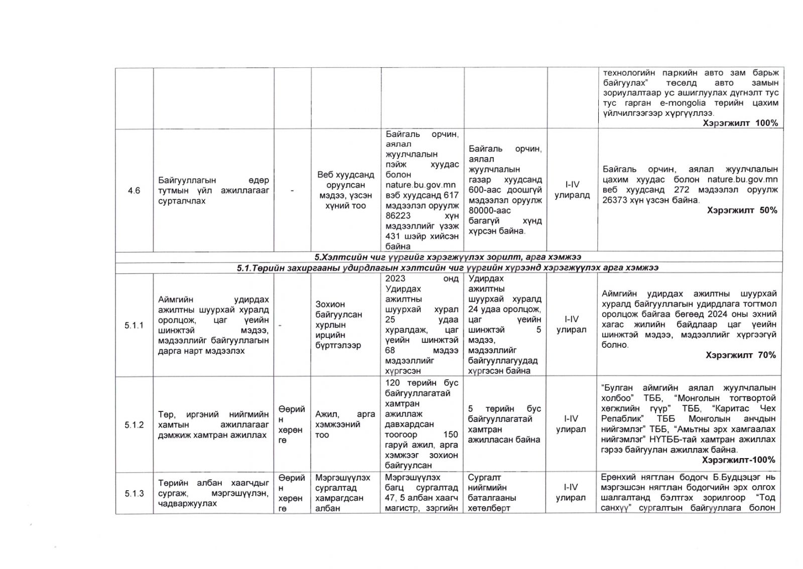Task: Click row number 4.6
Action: click(134, 191)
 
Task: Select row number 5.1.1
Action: click(134, 326)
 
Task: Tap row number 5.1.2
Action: click(134, 425)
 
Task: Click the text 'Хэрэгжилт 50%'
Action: click(742, 211)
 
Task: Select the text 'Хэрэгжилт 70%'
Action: click(740, 355)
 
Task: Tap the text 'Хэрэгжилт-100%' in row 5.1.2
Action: click(738, 460)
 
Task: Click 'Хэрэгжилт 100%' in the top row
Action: click(740, 123)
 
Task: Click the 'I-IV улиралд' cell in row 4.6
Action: click(572, 190)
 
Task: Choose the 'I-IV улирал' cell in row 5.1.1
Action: click(571, 325)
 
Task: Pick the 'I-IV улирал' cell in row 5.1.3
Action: click(571, 492)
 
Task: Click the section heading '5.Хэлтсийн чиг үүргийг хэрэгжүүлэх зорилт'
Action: click(448, 257)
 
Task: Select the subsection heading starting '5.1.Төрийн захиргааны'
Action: click(448, 268)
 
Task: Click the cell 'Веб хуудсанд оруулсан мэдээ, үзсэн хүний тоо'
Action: click(345, 190)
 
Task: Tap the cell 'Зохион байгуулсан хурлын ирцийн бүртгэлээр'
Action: click(339, 325)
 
